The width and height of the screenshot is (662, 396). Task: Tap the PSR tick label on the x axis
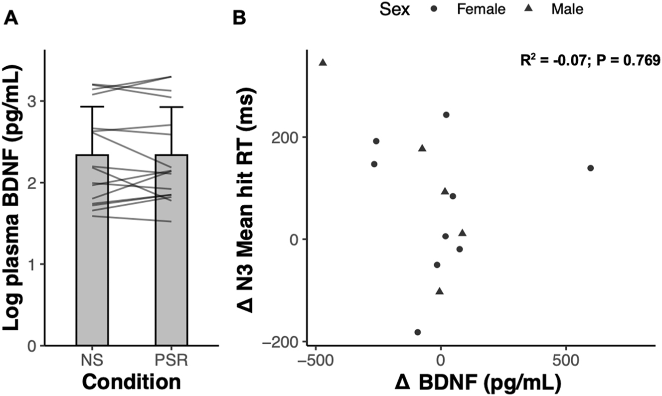[171, 360]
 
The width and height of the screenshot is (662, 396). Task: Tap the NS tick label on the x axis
[92, 360]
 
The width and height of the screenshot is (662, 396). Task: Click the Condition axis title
[131, 382]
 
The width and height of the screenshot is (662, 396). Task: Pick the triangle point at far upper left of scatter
[323, 62]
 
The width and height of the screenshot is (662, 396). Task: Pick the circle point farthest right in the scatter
[591, 168]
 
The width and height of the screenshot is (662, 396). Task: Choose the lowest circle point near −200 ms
[418, 332]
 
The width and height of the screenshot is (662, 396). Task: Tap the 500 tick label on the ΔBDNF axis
[566, 360]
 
